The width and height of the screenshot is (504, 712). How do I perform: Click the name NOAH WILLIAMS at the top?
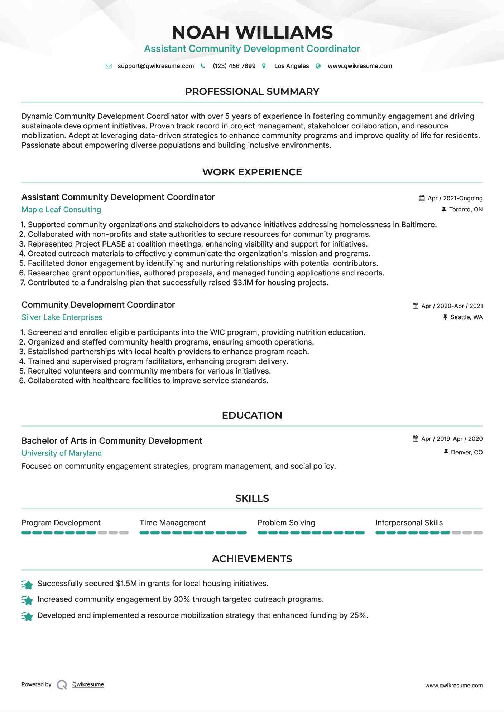[x=252, y=33]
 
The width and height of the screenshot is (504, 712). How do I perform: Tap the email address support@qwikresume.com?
[x=155, y=66]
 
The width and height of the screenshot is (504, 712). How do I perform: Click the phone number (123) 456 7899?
[x=234, y=66]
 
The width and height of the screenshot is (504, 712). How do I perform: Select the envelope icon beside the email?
[x=109, y=66]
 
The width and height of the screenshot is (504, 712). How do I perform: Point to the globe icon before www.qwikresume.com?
[x=318, y=66]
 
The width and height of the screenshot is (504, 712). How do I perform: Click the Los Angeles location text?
[x=291, y=66]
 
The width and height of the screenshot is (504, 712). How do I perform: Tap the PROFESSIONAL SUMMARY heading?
[x=252, y=92]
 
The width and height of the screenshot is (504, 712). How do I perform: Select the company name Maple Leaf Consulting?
[x=61, y=210]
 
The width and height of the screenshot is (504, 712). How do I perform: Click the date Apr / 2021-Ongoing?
[x=455, y=199]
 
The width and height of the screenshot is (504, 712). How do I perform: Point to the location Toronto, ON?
[x=466, y=210]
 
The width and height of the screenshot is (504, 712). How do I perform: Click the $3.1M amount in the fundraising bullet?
[x=243, y=283]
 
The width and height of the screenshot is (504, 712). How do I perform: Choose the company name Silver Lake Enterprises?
[x=62, y=317]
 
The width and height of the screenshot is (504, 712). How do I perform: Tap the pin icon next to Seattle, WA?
[x=445, y=317]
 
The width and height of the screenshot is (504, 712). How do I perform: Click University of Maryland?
[x=62, y=453]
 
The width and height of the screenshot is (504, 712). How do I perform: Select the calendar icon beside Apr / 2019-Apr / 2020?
[x=415, y=439]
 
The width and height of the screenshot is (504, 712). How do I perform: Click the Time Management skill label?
[x=172, y=523]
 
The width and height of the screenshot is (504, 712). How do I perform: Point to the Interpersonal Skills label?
[x=409, y=523]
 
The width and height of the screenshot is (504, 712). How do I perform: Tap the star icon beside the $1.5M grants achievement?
[x=27, y=585]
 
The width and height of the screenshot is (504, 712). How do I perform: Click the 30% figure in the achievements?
[x=182, y=599]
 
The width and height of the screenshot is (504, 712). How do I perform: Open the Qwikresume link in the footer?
[x=88, y=684]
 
